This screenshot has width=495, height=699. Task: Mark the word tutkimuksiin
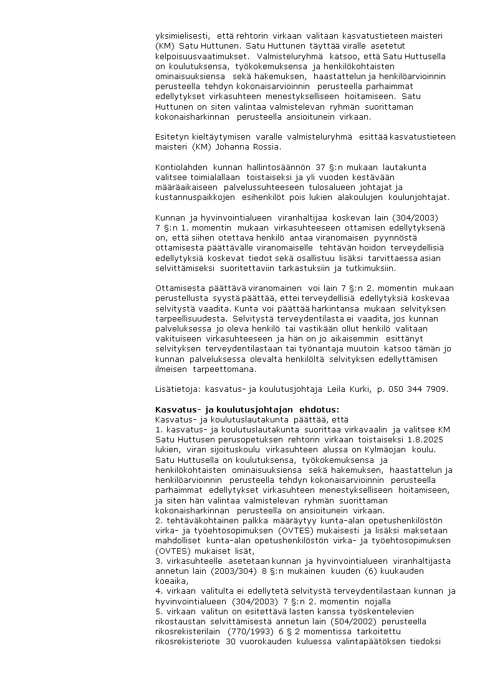tap(370, 268)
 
